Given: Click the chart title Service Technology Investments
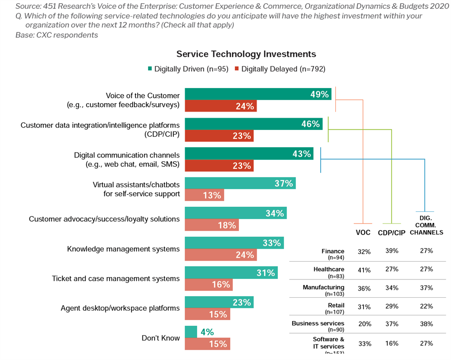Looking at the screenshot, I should click(x=246, y=54).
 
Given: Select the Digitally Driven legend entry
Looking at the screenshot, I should click(x=188, y=69).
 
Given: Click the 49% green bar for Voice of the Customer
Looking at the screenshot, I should click(x=258, y=94).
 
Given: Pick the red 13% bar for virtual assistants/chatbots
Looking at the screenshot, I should click(x=204, y=195).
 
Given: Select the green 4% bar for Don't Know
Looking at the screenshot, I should click(x=191, y=332).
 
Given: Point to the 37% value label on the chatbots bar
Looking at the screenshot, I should click(x=284, y=183).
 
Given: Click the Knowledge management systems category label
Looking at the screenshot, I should click(x=123, y=249).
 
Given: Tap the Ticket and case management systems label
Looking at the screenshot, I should click(x=116, y=278).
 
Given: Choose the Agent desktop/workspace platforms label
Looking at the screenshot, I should click(x=120, y=308).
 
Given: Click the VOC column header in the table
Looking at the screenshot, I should click(x=363, y=232).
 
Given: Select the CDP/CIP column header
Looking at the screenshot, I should click(x=392, y=232).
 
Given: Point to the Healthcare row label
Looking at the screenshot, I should click(x=329, y=269).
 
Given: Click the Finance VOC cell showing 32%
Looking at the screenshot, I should click(x=364, y=252).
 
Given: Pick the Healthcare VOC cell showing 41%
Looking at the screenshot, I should click(x=364, y=270).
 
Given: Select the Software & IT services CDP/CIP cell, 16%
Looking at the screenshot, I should click(x=392, y=343).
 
